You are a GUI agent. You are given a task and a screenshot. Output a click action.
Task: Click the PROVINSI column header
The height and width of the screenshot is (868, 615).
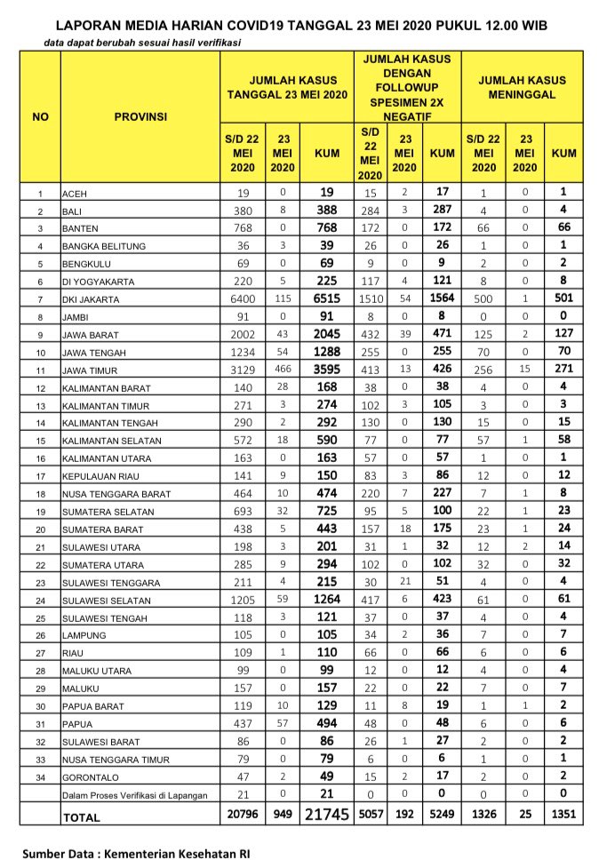pyautogui.click(x=140, y=116)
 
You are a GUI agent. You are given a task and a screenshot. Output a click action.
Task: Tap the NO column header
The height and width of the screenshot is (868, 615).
pyautogui.click(x=40, y=116)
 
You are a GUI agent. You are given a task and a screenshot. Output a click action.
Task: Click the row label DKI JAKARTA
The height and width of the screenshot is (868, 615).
pyautogui.click(x=92, y=300)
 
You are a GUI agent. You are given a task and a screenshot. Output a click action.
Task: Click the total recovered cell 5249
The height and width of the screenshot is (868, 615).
pyautogui.click(x=442, y=815)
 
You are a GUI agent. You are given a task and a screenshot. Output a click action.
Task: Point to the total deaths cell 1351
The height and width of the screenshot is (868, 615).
pyautogui.click(x=563, y=815)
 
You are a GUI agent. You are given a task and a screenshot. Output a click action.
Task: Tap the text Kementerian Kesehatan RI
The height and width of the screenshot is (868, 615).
pyautogui.click(x=177, y=853)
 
